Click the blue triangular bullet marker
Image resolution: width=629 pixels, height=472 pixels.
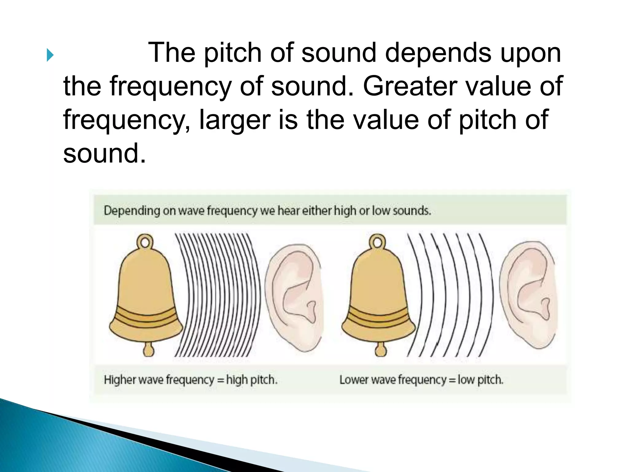tap(50, 56)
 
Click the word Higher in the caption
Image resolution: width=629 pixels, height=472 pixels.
tap(119, 380)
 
